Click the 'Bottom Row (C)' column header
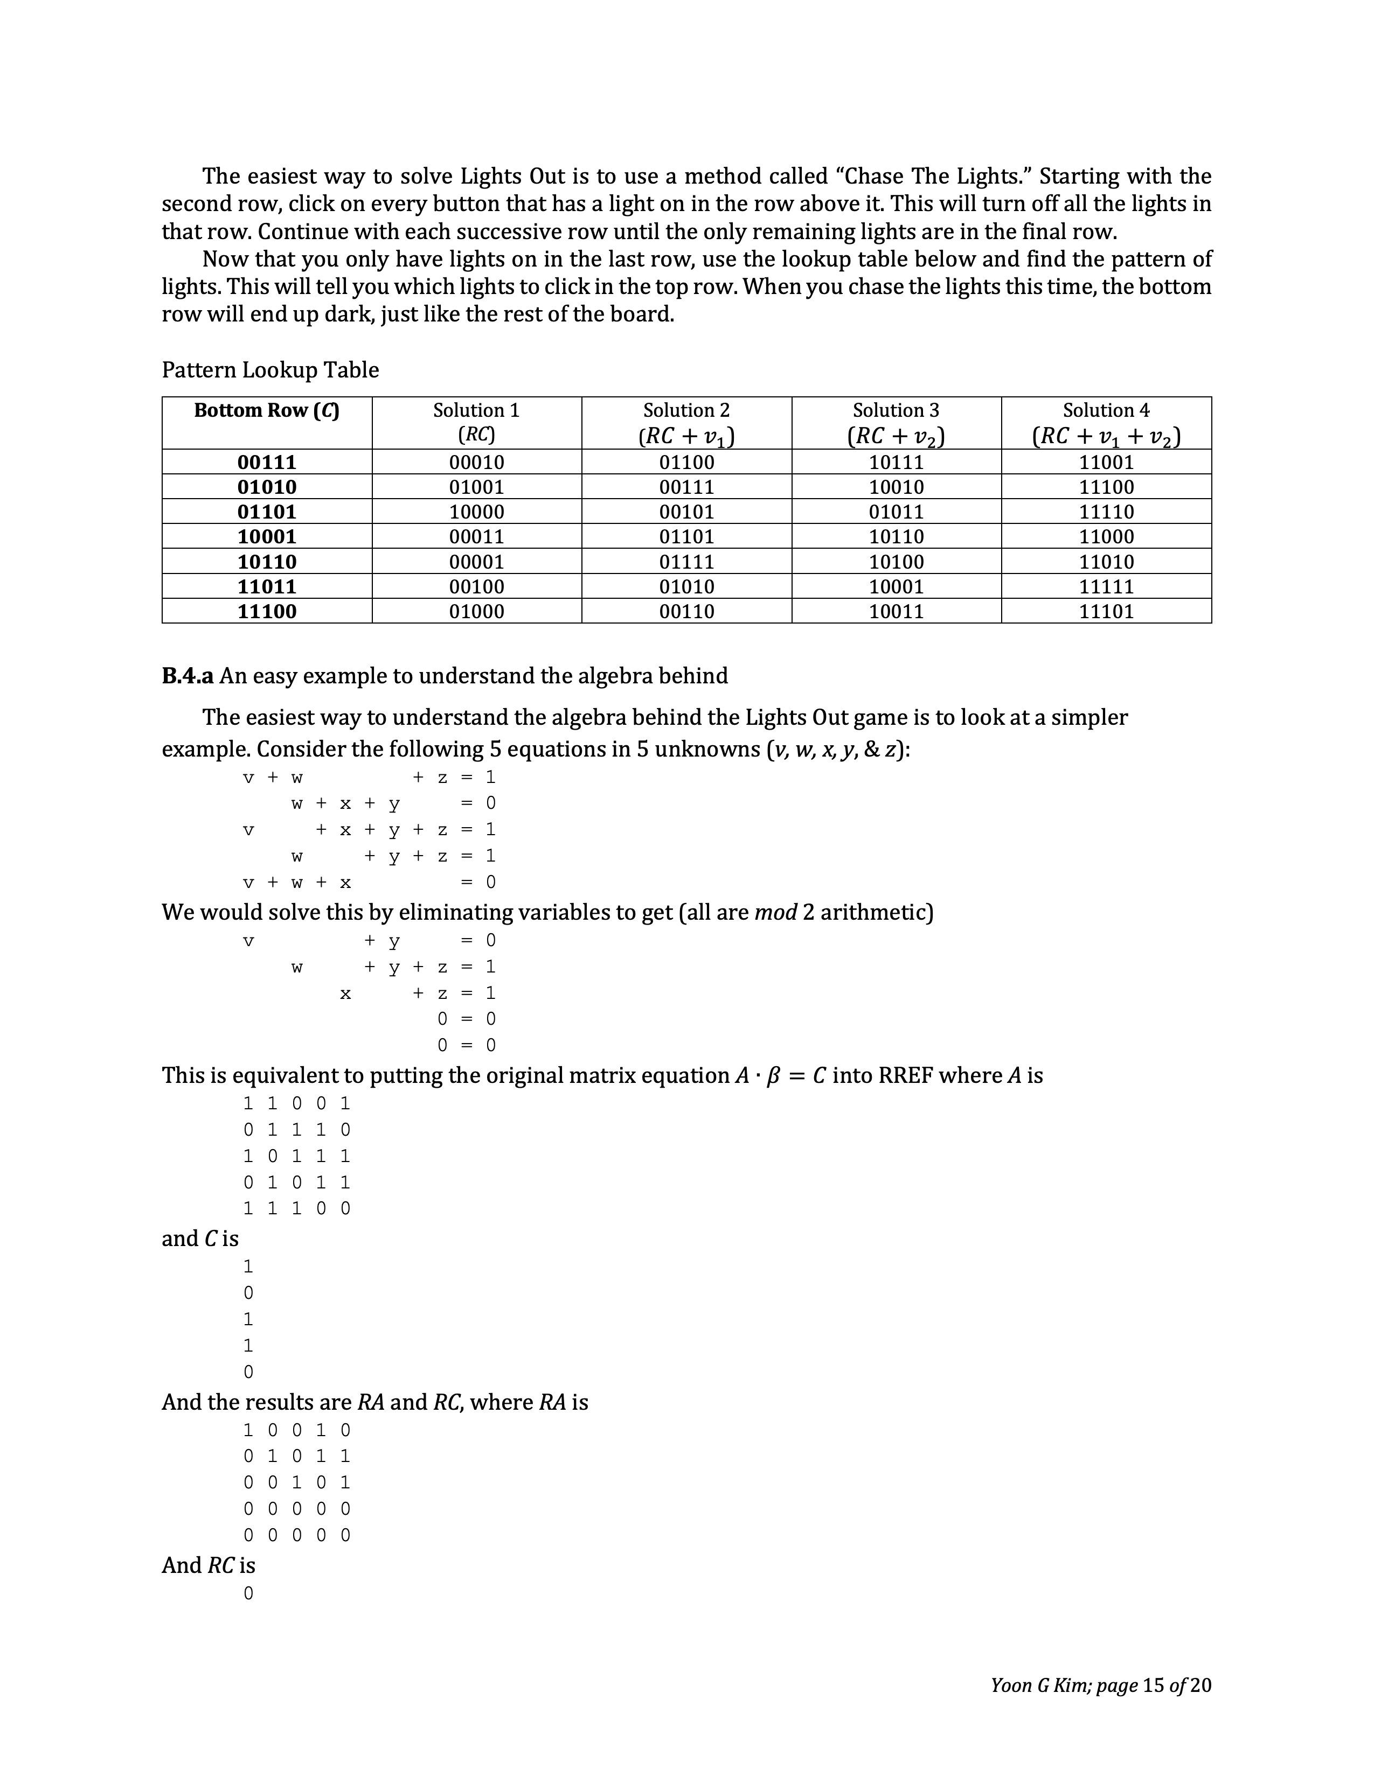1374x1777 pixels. pyautogui.click(x=266, y=411)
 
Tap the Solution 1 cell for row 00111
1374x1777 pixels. pyautogui.click(x=476, y=462)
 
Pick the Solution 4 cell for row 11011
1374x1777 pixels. pyautogui.click(x=1106, y=586)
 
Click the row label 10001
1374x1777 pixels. pyautogui.click(x=266, y=537)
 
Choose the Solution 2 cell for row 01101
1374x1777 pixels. pyautogui.click(x=686, y=512)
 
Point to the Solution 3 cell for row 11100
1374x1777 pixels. pyautogui.click(x=896, y=612)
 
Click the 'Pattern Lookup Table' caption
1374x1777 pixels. pyautogui.click(x=270, y=370)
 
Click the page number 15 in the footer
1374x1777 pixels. pyautogui.click(x=1154, y=1685)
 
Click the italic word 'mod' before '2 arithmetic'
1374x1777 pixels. pyautogui.click(x=775, y=912)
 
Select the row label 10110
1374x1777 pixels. pyautogui.click(x=266, y=562)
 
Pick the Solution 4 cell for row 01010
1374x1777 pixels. pyautogui.click(x=1106, y=487)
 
